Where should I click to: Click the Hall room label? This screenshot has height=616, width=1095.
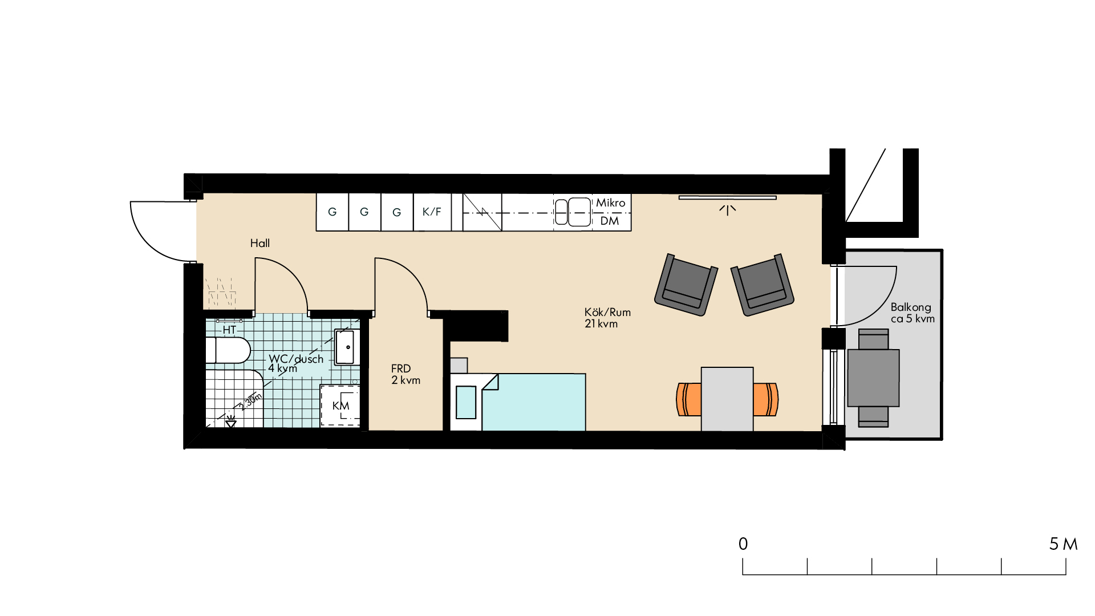click(x=260, y=243)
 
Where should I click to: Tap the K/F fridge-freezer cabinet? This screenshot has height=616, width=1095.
click(x=432, y=212)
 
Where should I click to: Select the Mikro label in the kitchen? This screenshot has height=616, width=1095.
click(x=611, y=202)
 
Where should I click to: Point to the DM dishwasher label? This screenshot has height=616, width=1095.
click(x=610, y=221)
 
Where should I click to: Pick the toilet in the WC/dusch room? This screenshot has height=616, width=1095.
click(x=228, y=350)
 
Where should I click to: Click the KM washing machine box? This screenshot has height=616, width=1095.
click(x=340, y=406)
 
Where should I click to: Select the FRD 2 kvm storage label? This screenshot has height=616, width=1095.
click(x=405, y=374)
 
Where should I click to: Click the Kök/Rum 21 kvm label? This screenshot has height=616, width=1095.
click(x=607, y=318)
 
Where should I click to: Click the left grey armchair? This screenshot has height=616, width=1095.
click(x=686, y=285)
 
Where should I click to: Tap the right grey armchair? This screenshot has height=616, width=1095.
click(x=763, y=285)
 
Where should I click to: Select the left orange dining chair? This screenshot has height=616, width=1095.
click(x=689, y=399)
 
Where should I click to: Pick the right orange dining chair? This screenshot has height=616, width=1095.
click(x=766, y=399)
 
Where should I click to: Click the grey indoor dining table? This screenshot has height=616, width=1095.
click(x=727, y=399)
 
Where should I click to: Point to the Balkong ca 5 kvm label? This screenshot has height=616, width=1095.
click(x=912, y=313)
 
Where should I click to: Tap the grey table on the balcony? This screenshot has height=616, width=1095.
click(x=873, y=378)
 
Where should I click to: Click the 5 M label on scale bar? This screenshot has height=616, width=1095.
click(x=1063, y=544)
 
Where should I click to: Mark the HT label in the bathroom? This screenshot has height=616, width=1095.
click(x=229, y=330)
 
